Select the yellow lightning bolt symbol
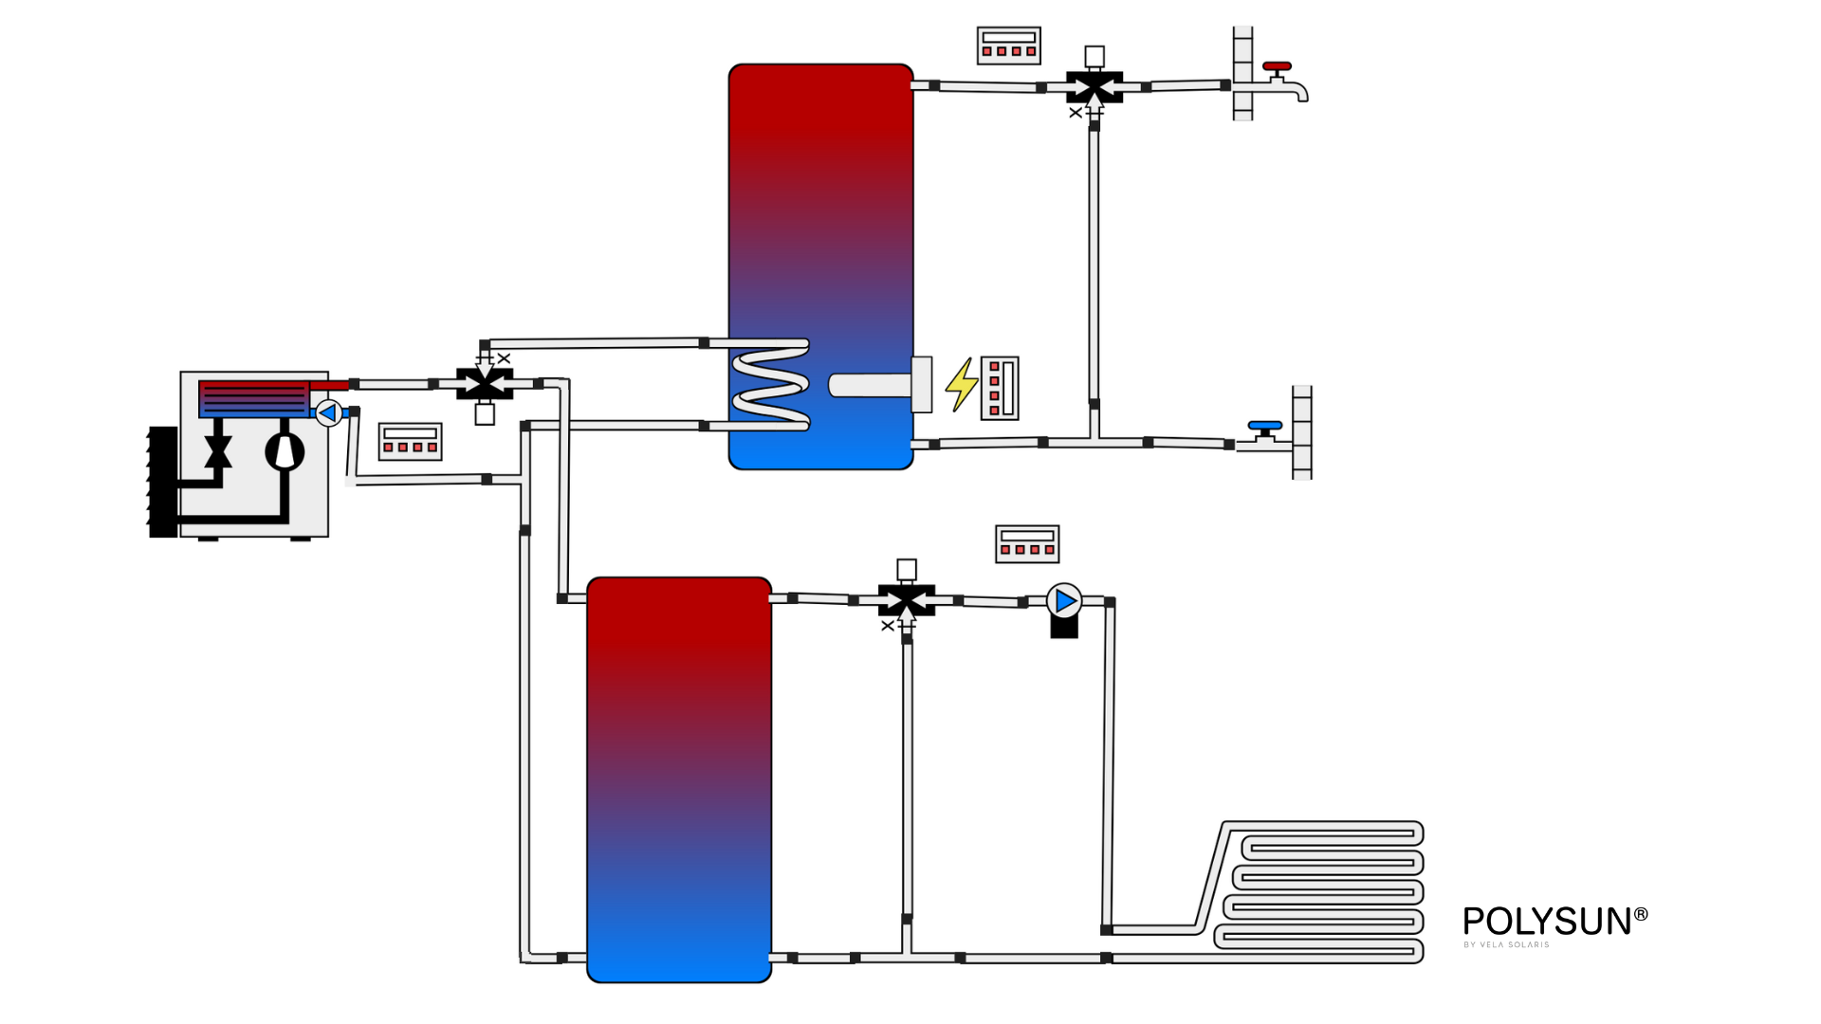[962, 384]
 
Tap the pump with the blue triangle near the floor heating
[1064, 601]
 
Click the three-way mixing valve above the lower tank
[907, 600]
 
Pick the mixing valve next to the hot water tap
[1094, 87]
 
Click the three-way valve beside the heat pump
[485, 384]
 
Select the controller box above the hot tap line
[1008, 46]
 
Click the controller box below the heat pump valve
[410, 442]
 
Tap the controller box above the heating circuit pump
[1026, 544]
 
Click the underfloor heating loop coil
[1323, 891]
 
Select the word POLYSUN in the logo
[1546, 922]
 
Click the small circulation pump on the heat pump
[328, 413]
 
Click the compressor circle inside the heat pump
[285, 451]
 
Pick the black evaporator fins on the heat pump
[163, 482]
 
